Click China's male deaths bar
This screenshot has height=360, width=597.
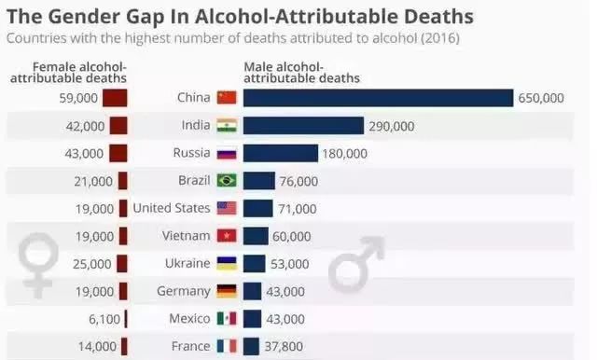point(378,98)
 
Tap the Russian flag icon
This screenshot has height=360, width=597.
point(227,153)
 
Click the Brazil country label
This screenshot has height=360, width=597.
point(194,181)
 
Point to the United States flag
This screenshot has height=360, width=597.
point(227,209)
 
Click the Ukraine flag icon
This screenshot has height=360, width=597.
point(227,264)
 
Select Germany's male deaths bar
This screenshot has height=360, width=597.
point(252,292)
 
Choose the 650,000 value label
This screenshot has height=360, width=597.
point(541,98)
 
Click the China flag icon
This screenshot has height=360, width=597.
point(227,98)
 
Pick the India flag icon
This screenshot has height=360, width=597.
point(227,126)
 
